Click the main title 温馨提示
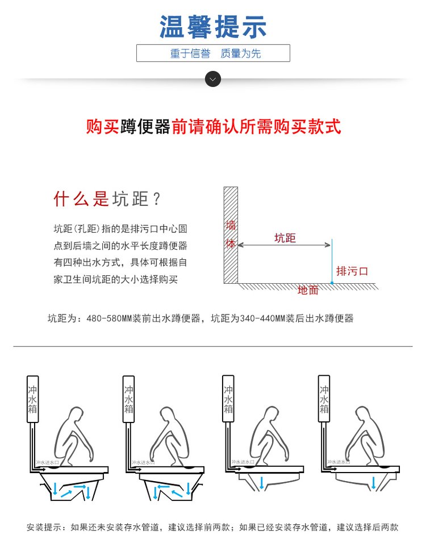[x=213, y=27]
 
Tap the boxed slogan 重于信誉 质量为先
[x=213, y=54]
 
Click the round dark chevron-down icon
[x=212, y=79]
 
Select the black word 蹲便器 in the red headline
[x=145, y=126]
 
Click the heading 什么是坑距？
[x=108, y=199]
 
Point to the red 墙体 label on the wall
[x=230, y=234]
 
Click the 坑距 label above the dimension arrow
[x=285, y=238]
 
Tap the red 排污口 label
[x=352, y=271]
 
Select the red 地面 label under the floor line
[x=308, y=291]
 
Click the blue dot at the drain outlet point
[x=331, y=282]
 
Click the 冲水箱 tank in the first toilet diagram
[x=33, y=399]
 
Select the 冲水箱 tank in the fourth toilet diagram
[x=324, y=399]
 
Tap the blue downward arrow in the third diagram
[x=261, y=483]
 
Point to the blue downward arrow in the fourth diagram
[x=373, y=483]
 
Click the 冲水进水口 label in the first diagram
[x=47, y=462]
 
